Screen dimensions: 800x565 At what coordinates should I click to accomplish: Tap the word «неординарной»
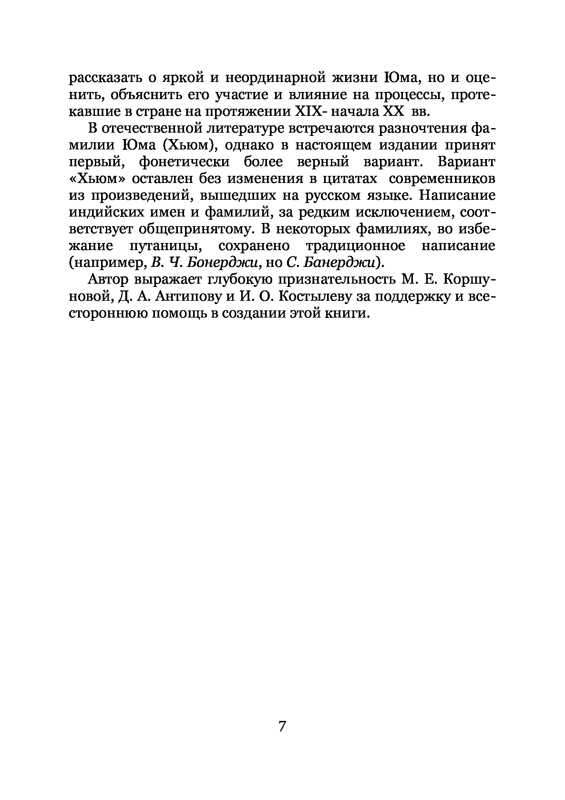click(x=275, y=77)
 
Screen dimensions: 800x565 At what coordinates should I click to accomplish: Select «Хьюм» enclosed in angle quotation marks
click(x=97, y=179)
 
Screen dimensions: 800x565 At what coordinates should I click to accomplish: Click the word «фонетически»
click(x=184, y=162)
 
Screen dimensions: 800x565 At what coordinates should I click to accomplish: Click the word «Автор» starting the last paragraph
click(x=109, y=280)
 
